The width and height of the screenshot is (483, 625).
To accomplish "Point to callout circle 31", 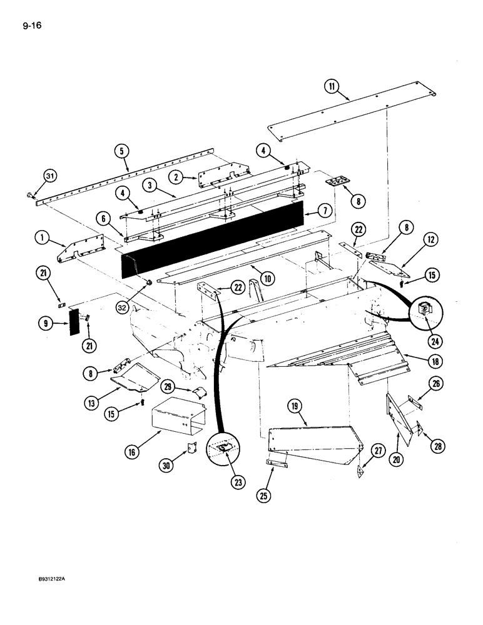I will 49,177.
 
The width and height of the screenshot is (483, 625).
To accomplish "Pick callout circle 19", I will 295,407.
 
